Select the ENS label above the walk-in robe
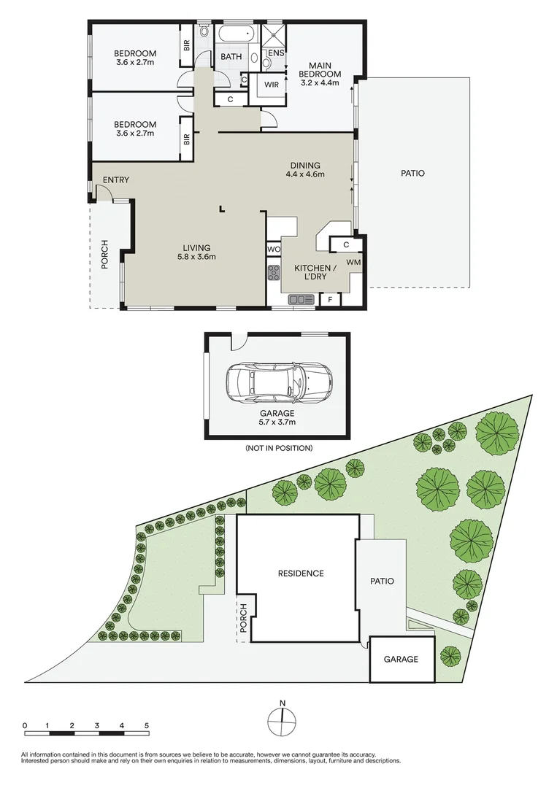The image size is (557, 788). pyautogui.click(x=276, y=53)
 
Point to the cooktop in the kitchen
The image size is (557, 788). pyautogui.click(x=274, y=274)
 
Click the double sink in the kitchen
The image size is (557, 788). pyautogui.click(x=300, y=299)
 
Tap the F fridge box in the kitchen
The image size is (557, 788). pyautogui.click(x=330, y=299)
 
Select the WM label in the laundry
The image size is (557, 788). pyautogui.click(x=353, y=261)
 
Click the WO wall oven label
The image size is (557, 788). pyautogui.click(x=274, y=249)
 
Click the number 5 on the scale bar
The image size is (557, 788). pyautogui.click(x=147, y=725)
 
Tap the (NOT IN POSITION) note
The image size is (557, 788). pyautogui.click(x=279, y=448)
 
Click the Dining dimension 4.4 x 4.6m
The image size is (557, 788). pyautogui.click(x=305, y=174)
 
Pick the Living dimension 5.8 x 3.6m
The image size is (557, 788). pyautogui.click(x=196, y=256)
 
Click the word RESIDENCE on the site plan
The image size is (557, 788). pyautogui.click(x=300, y=573)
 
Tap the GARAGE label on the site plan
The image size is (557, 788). pyautogui.click(x=402, y=659)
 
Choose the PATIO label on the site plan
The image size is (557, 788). pyautogui.click(x=382, y=582)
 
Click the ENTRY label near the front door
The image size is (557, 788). pyautogui.click(x=116, y=180)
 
